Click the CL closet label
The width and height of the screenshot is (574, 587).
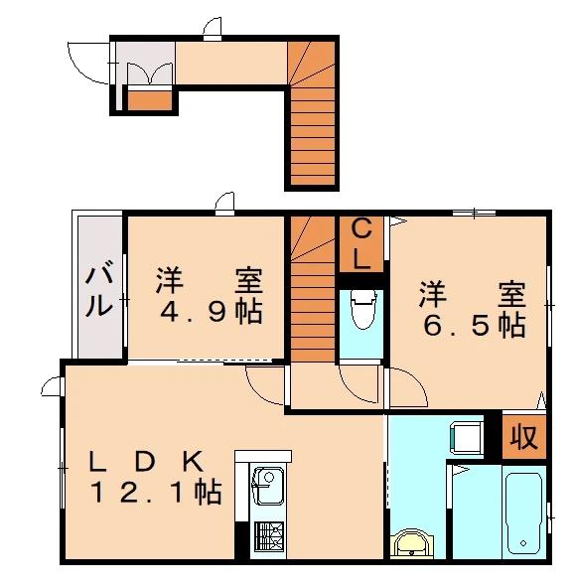tap(361, 244)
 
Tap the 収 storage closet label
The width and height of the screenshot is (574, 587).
tap(524, 437)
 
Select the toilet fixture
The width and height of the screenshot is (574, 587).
tap(362, 309)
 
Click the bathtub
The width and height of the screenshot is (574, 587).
tap(523, 515)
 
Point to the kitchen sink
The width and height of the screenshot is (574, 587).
tap(267, 486)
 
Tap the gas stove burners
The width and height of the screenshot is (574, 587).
tap(269, 536)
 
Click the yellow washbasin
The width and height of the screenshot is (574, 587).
tap(411, 544)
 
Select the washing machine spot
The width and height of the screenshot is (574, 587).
tap(466, 437)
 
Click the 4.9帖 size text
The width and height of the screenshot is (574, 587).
tap(212, 312)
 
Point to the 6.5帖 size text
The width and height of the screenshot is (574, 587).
tap(475, 326)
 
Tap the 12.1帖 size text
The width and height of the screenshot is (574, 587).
tap(156, 492)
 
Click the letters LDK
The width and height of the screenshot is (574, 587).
tap(146, 461)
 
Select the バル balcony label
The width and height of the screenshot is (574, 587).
tap(99, 289)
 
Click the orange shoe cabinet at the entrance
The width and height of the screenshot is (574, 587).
tap(150, 100)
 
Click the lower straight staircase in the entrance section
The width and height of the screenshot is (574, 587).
tap(313, 137)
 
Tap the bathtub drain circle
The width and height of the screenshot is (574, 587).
tap(523, 543)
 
